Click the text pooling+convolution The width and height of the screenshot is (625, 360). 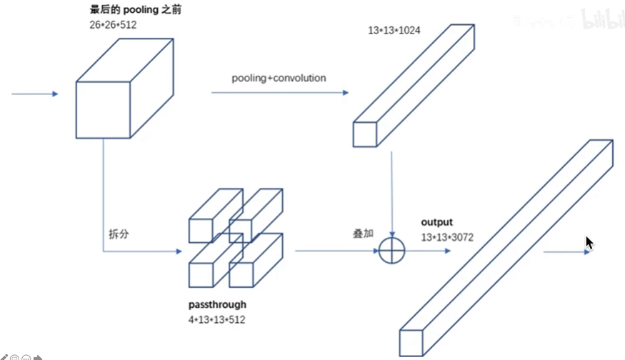[x=279, y=78]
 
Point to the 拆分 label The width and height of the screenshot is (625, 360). [x=119, y=234]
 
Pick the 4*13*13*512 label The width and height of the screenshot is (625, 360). [x=216, y=319]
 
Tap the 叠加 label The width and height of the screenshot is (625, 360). [x=363, y=234]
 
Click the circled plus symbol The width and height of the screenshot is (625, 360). [x=391, y=250]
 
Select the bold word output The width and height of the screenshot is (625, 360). [x=436, y=222]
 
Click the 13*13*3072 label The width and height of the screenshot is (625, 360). [x=446, y=237]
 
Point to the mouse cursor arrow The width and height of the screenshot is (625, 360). [x=589, y=243]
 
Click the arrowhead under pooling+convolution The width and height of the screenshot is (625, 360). [x=345, y=93]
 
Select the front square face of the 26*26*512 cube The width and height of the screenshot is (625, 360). [x=103, y=109]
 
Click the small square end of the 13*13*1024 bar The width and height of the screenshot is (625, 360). [x=364, y=134]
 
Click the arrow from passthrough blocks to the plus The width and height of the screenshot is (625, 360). [x=336, y=251]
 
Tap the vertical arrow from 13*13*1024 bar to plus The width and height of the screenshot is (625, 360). [x=391, y=193]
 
